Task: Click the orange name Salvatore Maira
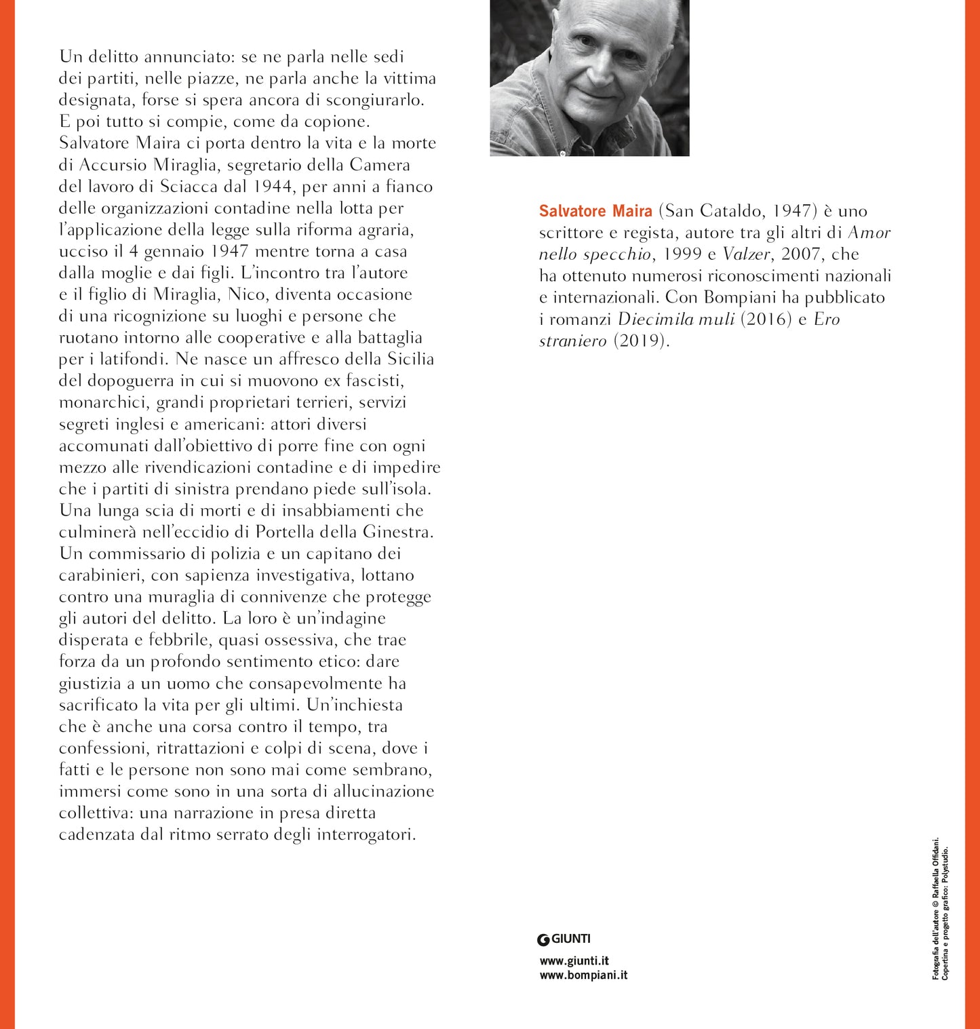pos(595,211)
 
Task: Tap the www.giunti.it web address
pos(574,960)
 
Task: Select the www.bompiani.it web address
pos(583,975)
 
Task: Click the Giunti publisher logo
pos(564,939)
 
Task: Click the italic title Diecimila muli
pos(676,319)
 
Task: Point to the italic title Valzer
pos(746,254)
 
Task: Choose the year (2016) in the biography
pos(766,319)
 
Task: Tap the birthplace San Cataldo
pos(715,211)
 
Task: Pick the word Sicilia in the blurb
pos(410,359)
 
